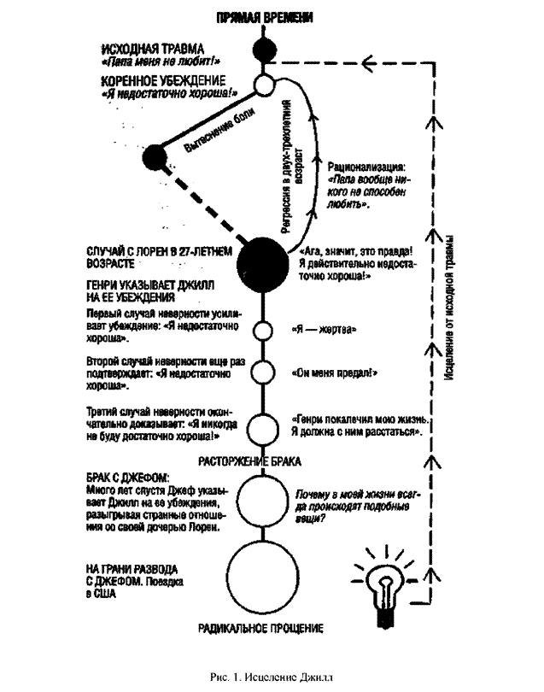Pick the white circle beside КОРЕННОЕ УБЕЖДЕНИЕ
264,85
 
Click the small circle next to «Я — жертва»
264,331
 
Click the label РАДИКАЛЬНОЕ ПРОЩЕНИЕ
260,629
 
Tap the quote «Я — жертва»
324,330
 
